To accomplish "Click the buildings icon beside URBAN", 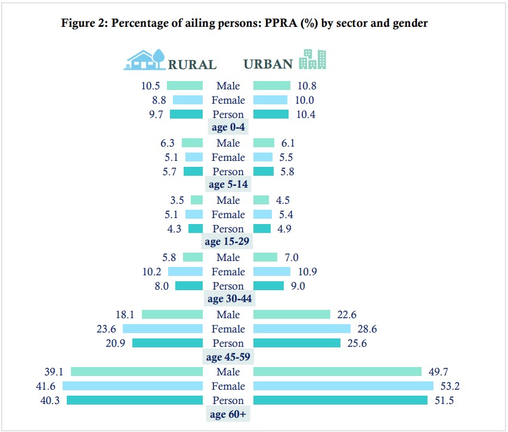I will (x=312, y=60).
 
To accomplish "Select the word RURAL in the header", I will (x=192, y=64).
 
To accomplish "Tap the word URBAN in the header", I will (x=268, y=64).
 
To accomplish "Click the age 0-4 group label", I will (x=228, y=127).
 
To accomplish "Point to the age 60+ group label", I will (x=228, y=414).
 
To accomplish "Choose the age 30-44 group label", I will (x=228, y=299).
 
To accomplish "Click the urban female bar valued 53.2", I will (x=343, y=386).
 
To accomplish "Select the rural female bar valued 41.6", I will (x=132, y=386).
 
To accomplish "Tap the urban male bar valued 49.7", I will (x=337, y=372).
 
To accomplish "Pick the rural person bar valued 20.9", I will (x=168, y=343).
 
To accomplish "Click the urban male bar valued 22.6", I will (x=292, y=315).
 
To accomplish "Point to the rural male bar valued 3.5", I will (x=197, y=200).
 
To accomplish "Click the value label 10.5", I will (x=150, y=86).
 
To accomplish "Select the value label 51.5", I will (x=444, y=400).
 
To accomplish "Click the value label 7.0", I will (x=291, y=257).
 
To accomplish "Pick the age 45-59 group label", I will (x=228, y=357).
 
